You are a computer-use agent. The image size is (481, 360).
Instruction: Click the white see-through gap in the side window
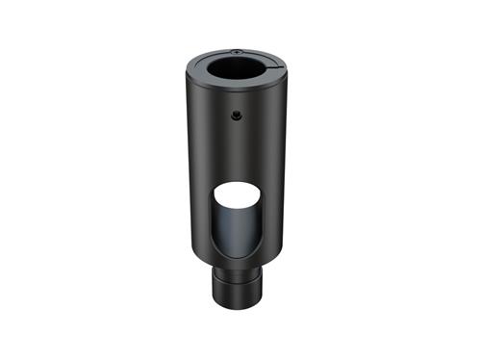(235, 196)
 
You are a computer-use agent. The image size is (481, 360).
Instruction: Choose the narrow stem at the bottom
(235, 285)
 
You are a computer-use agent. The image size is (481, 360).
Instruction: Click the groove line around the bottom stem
(235, 276)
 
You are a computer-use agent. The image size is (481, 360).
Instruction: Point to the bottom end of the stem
(235, 300)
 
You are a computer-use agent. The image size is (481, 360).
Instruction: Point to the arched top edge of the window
(235, 181)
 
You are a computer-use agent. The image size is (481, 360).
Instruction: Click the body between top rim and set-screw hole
(235, 105)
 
